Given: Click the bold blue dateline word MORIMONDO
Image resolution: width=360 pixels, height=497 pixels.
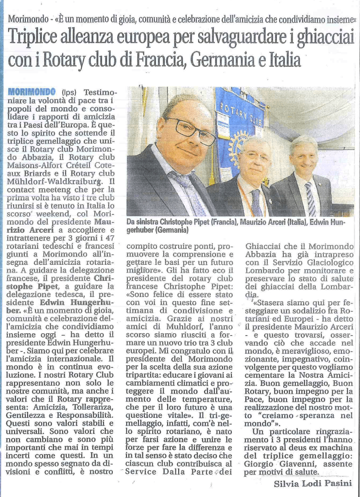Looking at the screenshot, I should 34,92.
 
